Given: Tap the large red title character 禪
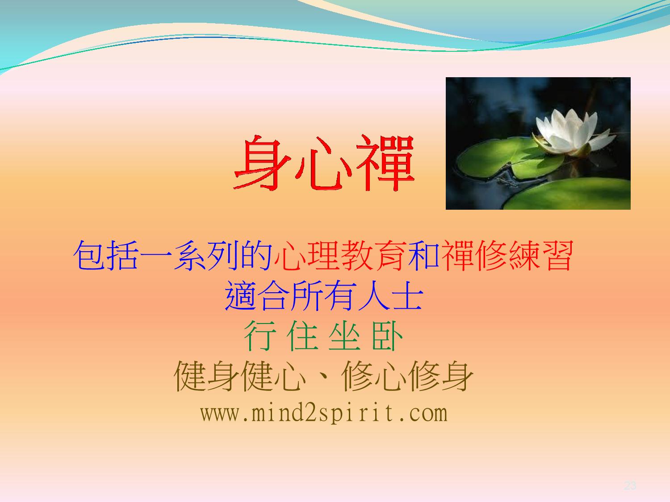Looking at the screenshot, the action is click(385, 163).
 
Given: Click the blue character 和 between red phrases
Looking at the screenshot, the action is click(424, 255).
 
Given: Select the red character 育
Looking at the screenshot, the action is click(391, 255).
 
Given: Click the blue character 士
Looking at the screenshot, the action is click(407, 296).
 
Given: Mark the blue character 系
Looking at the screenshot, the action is click(189, 255).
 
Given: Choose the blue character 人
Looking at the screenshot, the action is click(374, 296).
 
